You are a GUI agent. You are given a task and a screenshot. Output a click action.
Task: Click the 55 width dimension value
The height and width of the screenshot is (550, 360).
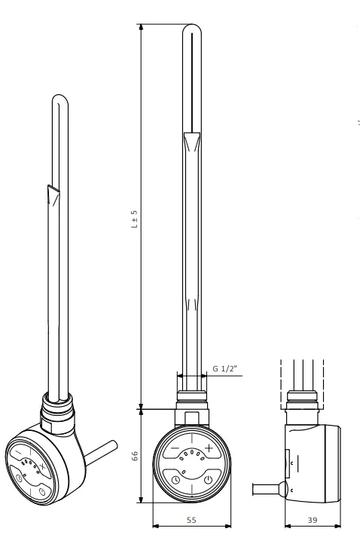[x=191, y=520]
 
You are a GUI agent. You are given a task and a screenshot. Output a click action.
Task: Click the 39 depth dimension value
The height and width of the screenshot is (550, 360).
[x=313, y=520]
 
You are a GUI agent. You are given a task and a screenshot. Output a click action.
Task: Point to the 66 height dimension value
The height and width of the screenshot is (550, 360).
[x=135, y=456]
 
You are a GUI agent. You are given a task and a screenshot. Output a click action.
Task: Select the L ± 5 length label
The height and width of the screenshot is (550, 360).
[x=135, y=219]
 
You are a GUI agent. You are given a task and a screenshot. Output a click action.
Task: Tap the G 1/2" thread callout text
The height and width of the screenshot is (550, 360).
[x=225, y=368]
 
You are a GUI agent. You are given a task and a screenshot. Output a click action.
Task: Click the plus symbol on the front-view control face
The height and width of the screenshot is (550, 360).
[x=209, y=448]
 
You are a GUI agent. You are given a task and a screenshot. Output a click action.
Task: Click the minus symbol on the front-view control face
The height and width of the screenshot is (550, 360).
[x=175, y=448]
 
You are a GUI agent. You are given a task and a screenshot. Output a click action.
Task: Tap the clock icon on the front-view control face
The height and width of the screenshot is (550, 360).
[x=175, y=480]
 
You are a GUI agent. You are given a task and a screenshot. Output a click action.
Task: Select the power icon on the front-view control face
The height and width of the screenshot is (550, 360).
[x=209, y=479]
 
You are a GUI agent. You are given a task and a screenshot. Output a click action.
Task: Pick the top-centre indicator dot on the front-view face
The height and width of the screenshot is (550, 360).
[x=191, y=453]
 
